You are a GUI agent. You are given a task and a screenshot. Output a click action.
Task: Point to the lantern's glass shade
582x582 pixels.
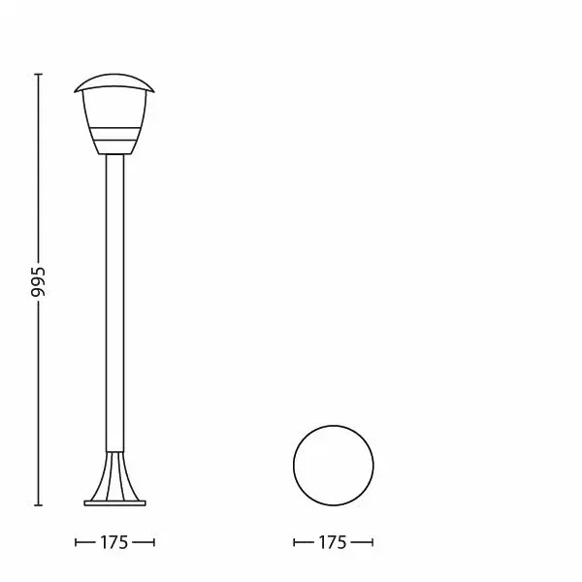pyautogui.click(x=114, y=122)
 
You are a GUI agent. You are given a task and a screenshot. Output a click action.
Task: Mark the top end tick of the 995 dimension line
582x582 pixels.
pyautogui.click(x=38, y=75)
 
